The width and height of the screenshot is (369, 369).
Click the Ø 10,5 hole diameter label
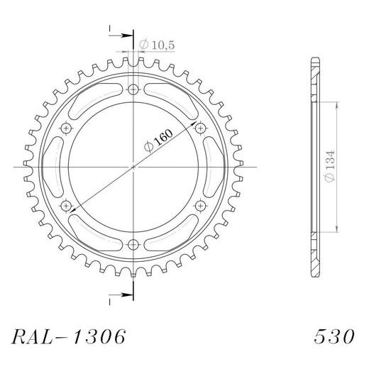coord(158,45)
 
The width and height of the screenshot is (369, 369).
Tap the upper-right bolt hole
coord(201,128)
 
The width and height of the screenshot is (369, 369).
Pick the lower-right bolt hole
coord(201,206)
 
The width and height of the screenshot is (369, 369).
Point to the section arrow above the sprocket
coord(122,33)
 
